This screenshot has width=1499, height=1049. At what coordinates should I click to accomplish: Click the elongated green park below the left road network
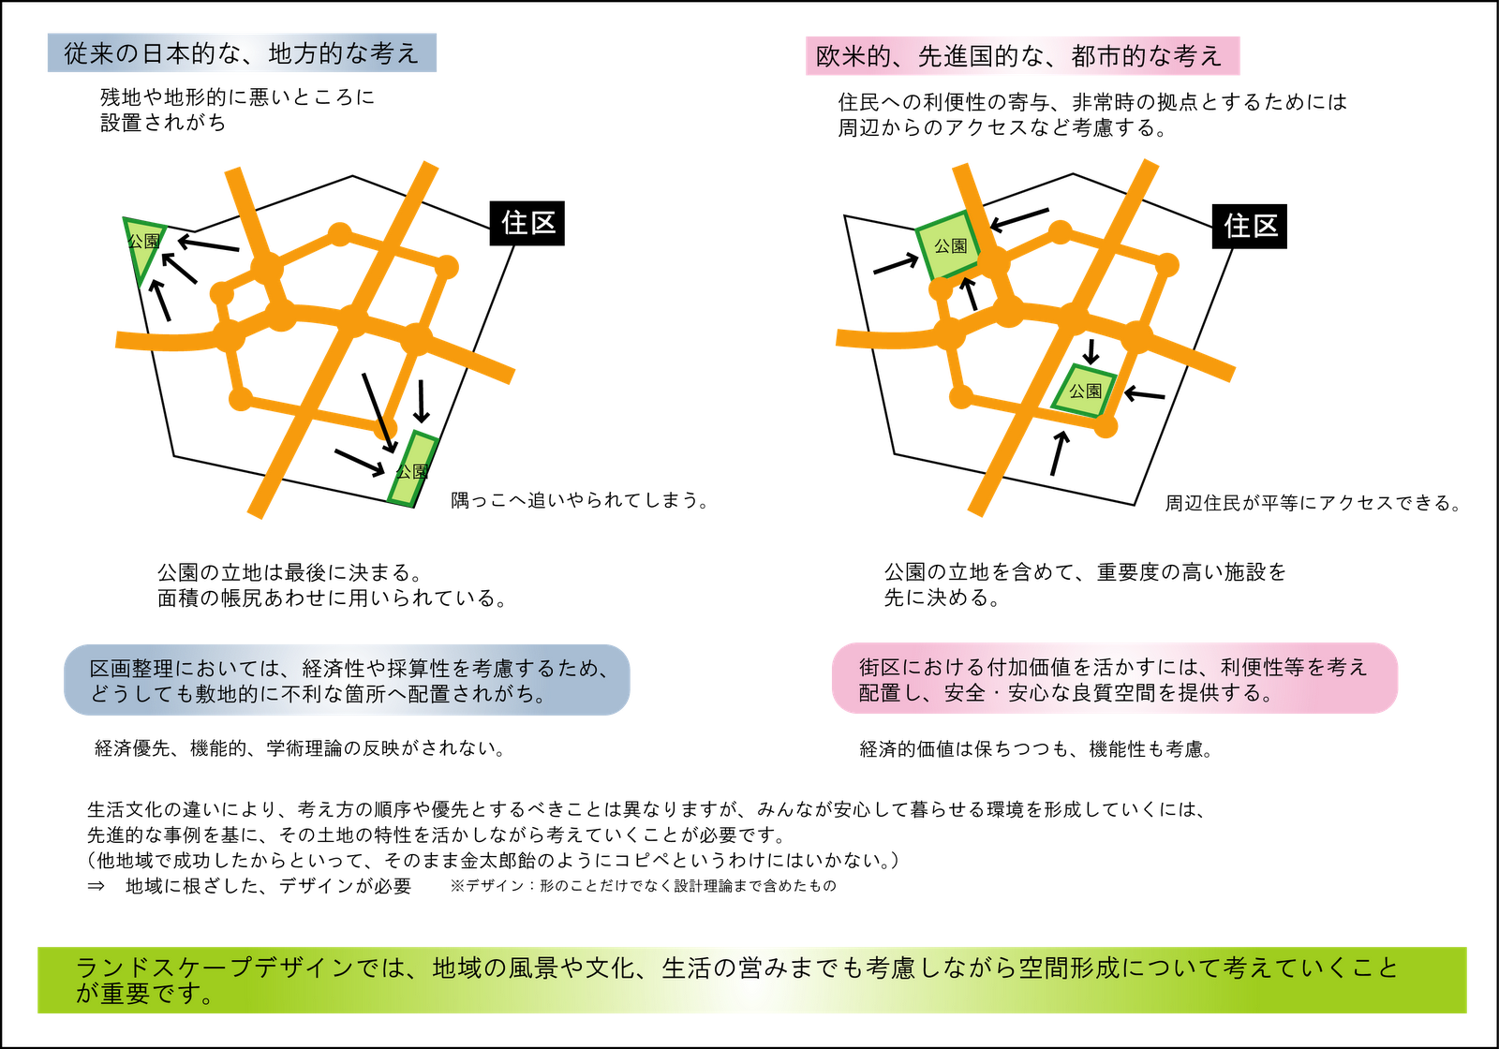(x=413, y=469)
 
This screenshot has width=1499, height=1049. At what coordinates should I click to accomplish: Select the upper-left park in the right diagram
(x=948, y=246)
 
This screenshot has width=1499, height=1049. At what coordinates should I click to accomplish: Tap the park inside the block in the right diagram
(x=1085, y=390)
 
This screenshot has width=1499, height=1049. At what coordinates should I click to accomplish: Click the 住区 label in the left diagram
(x=529, y=223)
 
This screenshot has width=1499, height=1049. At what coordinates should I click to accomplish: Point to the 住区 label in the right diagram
(x=1251, y=226)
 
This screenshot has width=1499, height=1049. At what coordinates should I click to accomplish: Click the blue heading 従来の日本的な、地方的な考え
(x=242, y=53)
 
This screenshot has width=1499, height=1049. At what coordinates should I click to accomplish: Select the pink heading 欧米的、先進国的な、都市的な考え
(x=1021, y=56)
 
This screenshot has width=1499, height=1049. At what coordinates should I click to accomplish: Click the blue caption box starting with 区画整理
(x=347, y=680)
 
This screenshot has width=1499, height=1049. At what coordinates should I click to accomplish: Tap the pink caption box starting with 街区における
(x=1114, y=679)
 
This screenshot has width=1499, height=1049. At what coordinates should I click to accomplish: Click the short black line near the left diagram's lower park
(x=383, y=430)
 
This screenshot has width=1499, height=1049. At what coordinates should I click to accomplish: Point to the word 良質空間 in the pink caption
(x=1112, y=694)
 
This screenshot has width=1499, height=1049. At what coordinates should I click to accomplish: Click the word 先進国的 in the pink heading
(x=969, y=56)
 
